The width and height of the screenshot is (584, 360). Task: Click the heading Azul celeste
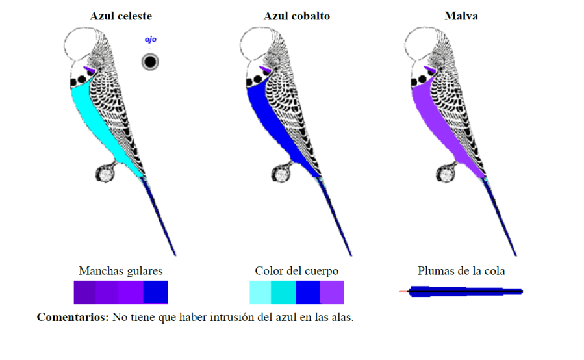click(x=121, y=16)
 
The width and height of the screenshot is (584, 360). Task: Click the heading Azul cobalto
click(x=296, y=16)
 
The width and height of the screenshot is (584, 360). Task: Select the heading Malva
click(x=461, y=16)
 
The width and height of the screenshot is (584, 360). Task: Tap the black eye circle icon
click(x=150, y=62)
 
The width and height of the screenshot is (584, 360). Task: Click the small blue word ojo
click(x=151, y=40)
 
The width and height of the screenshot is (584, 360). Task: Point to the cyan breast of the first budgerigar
click(x=97, y=120)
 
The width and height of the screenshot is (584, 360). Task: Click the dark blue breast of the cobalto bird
click(x=273, y=120)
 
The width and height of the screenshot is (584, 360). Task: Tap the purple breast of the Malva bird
click(x=438, y=120)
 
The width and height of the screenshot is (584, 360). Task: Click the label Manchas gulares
click(x=121, y=270)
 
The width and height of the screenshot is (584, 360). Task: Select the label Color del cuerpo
click(x=296, y=270)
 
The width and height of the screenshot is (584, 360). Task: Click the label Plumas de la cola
click(x=461, y=270)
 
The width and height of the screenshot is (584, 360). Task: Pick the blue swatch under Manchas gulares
click(x=156, y=292)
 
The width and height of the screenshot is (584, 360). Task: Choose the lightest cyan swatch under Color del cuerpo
click(x=260, y=292)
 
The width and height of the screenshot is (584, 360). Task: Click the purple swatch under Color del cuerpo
click(x=332, y=292)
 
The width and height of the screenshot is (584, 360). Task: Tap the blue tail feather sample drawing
click(x=464, y=292)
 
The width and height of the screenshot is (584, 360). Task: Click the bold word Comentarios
click(x=73, y=318)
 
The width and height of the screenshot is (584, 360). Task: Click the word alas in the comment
click(x=341, y=318)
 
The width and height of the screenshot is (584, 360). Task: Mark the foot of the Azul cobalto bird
click(x=281, y=174)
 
